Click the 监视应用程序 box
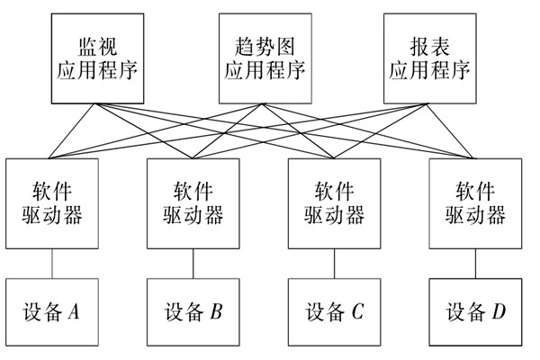(99, 58)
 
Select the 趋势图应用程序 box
(261, 58)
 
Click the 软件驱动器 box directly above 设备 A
(51, 203)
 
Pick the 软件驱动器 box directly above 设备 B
(193, 203)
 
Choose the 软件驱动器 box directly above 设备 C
(335, 203)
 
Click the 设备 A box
(51, 312)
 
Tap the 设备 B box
(193, 312)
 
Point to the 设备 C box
(335, 312)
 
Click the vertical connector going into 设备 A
(51, 264)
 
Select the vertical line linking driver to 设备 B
(193, 264)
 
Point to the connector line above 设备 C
(335, 264)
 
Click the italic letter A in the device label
(75, 312)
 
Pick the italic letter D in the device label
(499, 312)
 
